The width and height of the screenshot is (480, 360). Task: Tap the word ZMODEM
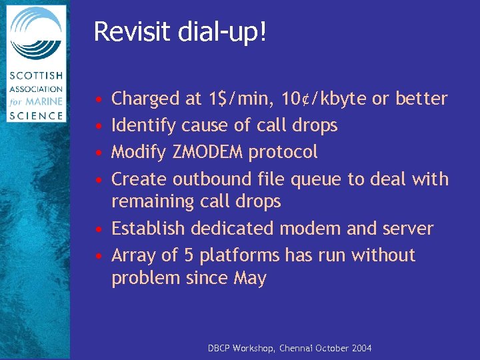(209, 152)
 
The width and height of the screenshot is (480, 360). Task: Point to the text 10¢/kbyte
(323, 99)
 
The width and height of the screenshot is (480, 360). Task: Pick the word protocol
(283, 153)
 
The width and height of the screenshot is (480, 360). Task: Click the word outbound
(213, 179)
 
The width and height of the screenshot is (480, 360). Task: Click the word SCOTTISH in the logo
(35, 75)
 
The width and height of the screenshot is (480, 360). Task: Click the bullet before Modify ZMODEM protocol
(98, 153)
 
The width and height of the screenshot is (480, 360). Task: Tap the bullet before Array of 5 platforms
(98, 256)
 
